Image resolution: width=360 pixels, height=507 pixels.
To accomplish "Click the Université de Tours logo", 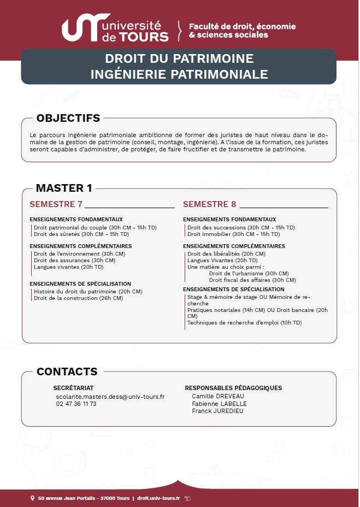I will (x=115, y=30).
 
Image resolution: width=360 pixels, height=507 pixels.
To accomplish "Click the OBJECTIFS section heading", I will (x=68, y=118).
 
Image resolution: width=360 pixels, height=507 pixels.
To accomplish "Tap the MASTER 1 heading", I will (x=64, y=188).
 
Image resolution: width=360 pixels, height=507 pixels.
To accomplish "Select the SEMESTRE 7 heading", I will (x=56, y=204).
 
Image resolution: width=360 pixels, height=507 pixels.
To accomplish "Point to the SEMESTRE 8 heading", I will (x=210, y=204).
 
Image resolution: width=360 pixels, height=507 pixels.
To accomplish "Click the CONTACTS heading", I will (x=67, y=372).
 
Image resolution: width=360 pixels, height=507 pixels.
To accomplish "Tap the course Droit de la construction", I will (x=78, y=298).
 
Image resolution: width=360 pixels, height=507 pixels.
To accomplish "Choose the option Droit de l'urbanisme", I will (x=249, y=273).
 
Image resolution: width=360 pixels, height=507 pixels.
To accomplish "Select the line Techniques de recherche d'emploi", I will (x=244, y=322).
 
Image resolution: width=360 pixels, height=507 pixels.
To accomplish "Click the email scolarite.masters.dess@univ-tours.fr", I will (x=110, y=397).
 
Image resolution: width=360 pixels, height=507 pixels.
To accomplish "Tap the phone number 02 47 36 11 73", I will (x=76, y=404).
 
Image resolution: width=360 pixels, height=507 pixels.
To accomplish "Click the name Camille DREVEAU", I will (x=218, y=397).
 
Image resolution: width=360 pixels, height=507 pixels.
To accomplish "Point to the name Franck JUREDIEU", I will (x=217, y=411).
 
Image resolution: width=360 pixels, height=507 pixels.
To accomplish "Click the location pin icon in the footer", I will (x=32, y=498).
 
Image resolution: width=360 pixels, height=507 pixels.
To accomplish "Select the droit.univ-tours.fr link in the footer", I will (x=158, y=498).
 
